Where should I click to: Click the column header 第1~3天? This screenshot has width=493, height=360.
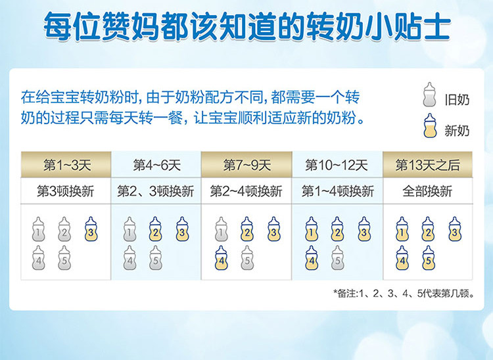tap(66, 165)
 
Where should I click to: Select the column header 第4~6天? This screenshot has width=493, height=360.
tap(156, 165)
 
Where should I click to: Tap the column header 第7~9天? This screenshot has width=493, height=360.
tap(246, 165)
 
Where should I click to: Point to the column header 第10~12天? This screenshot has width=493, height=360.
tap(337, 165)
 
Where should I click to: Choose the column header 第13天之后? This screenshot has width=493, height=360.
tap(428, 165)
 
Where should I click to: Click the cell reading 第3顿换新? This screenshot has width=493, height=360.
tap(66, 191)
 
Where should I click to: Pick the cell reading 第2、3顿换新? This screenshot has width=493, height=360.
tap(156, 191)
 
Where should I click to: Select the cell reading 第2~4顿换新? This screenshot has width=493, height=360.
tap(246, 191)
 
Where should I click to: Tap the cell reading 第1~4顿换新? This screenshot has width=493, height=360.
tap(338, 191)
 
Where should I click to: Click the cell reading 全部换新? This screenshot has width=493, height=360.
tap(427, 191)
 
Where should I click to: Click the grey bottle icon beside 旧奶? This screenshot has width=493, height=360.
tap(429, 95)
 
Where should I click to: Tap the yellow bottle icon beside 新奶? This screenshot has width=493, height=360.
tap(430, 126)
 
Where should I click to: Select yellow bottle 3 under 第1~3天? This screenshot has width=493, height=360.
tap(91, 229)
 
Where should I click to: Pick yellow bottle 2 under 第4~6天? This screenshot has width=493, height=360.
tap(155, 229)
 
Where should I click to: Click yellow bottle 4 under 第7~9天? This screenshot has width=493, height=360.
tap(222, 258)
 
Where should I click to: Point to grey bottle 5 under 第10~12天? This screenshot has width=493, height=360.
tap(337, 258)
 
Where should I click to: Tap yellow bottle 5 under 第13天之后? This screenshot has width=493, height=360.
tap(428, 258)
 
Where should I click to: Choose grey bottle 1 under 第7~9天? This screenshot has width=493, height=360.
tap(222, 229)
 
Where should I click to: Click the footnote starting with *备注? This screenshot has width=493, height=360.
tap(404, 294)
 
